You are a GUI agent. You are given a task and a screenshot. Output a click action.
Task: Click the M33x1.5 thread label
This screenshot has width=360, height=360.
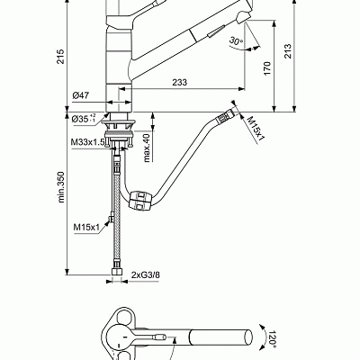[x=85, y=141]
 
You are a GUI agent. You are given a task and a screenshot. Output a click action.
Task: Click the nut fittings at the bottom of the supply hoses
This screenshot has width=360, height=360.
[x=116, y=269]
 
